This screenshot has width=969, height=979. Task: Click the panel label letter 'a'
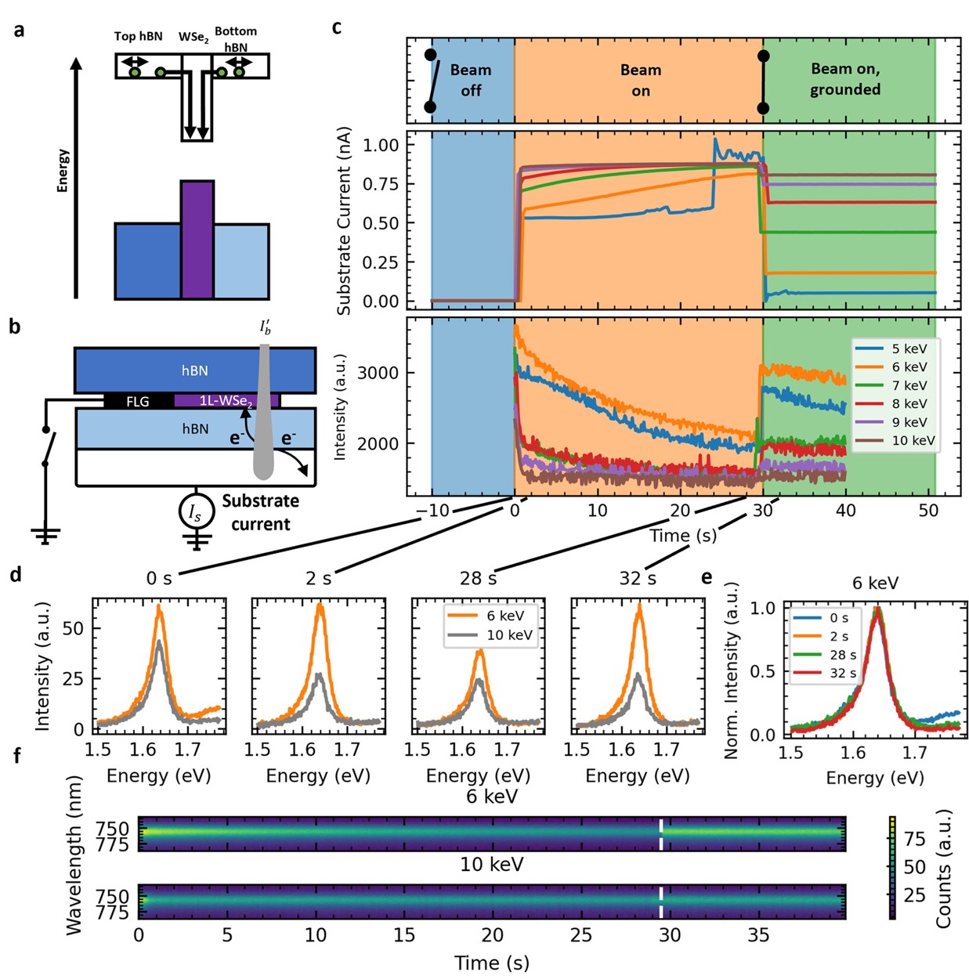19,31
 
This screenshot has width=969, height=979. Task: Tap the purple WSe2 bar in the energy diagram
197,240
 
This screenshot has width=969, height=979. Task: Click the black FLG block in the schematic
138,401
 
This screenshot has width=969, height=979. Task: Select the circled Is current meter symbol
194,513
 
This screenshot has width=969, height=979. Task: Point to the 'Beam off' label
471,80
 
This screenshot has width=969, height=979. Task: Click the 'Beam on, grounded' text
845,79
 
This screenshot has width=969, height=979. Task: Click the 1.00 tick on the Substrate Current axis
381,145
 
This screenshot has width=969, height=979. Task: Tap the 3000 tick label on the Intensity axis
378,373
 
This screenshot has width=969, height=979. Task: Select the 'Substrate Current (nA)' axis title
344,222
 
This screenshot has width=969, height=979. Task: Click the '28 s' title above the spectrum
478,578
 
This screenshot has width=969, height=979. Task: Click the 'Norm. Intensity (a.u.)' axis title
732,670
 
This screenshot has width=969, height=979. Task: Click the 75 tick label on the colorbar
915,839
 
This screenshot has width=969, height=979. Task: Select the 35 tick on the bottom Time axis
758,934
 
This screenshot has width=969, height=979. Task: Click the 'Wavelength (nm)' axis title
74,855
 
